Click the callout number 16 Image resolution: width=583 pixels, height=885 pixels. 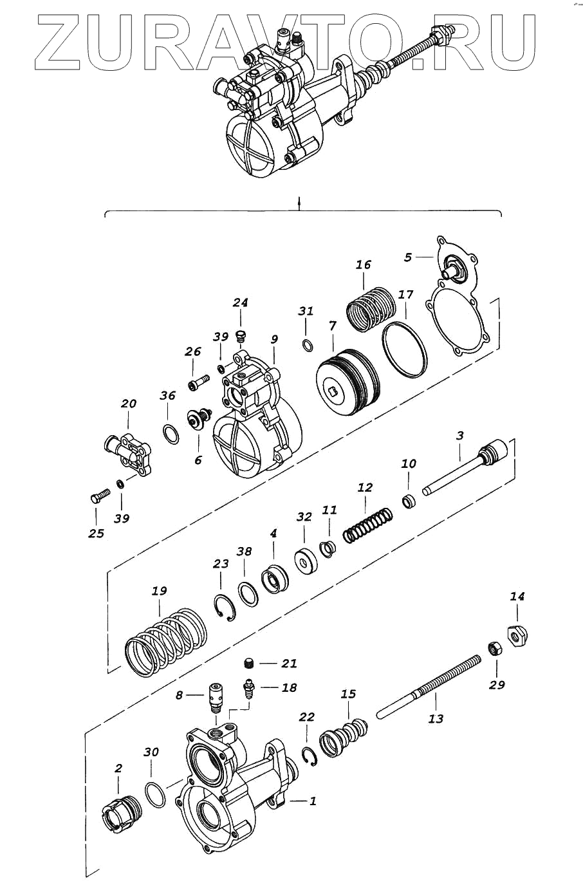[364, 265]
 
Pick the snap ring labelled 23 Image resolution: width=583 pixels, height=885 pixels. [225, 609]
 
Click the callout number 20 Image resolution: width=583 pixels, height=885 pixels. [129, 404]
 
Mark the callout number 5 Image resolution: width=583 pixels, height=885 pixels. [407, 257]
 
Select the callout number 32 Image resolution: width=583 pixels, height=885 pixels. [304, 516]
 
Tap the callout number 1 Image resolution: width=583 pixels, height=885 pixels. [313, 801]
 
